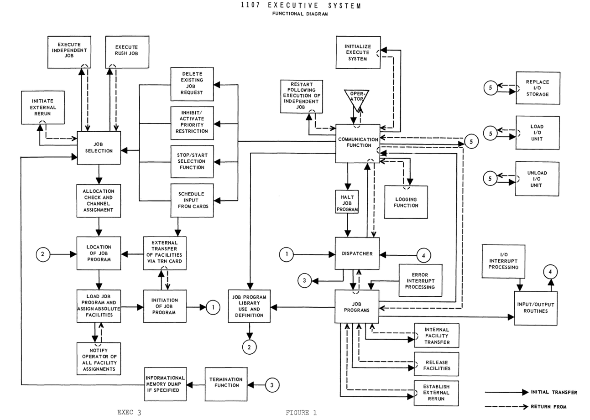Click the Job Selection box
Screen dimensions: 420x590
[99, 148]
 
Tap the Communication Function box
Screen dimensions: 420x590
[358, 143]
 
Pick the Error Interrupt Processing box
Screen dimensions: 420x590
[421, 280]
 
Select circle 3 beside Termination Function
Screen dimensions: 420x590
[272, 385]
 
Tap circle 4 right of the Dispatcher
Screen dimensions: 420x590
[423, 254]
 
